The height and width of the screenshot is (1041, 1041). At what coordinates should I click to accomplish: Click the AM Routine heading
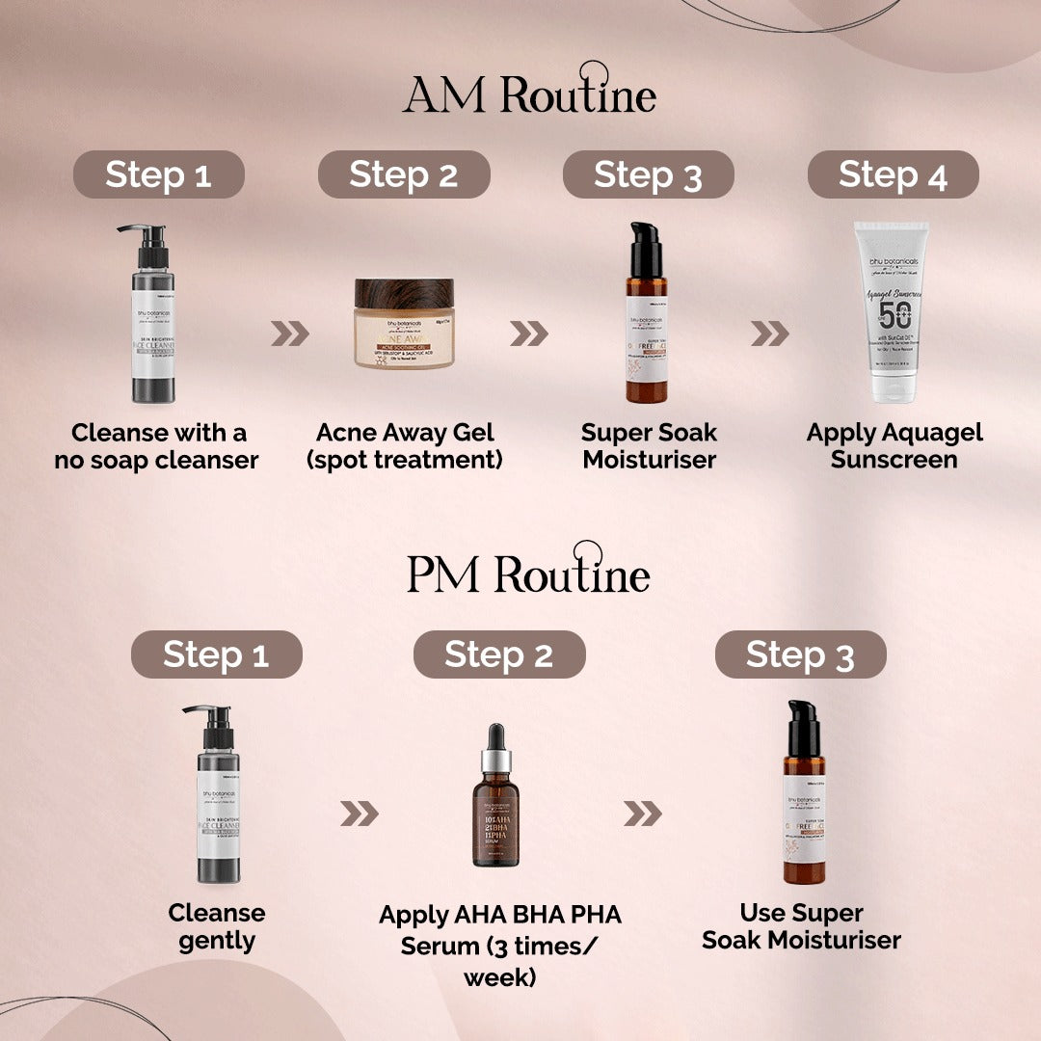[529, 94]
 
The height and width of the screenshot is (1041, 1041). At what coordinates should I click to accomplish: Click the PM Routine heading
[528, 573]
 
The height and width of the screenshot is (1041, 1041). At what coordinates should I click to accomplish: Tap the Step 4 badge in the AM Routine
[893, 175]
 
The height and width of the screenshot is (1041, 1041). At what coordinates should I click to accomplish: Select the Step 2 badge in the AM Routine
[404, 175]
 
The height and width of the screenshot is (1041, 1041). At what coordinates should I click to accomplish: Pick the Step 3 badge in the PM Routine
[800, 655]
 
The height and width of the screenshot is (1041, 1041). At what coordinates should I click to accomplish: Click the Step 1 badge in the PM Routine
[216, 655]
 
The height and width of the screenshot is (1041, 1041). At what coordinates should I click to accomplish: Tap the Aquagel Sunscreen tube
[894, 313]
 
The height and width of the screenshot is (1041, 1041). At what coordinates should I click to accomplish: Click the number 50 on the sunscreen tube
[894, 316]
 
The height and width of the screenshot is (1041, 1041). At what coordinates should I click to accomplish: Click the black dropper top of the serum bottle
[495, 737]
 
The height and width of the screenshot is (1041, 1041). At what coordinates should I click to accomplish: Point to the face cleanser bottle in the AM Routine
[152, 318]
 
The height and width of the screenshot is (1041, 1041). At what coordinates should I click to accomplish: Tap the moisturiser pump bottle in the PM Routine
[804, 795]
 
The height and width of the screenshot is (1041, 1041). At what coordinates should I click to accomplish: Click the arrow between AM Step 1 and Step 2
[289, 334]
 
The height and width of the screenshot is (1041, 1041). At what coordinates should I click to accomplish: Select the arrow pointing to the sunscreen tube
[769, 334]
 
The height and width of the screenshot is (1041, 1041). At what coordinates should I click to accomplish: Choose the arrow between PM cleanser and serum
[359, 814]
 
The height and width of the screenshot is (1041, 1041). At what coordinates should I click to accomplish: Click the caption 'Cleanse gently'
[216, 926]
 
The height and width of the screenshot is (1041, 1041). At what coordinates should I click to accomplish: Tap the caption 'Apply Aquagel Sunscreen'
[894, 445]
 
